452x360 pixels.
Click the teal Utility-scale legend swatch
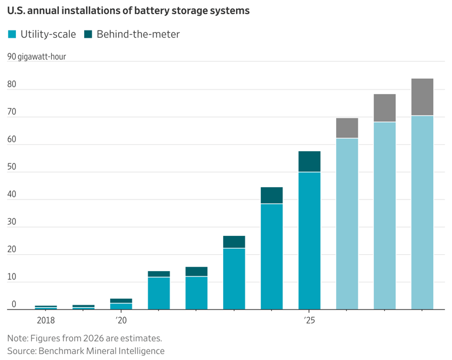tap(12, 34)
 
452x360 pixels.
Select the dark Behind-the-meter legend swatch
tap(88, 34)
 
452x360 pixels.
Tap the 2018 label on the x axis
tap(46, 321)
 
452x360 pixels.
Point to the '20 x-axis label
tap(121, 321)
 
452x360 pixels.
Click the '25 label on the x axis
tap(310, 321)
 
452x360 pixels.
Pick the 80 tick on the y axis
tap(12, 85)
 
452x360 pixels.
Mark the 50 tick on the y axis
tap(12, 168)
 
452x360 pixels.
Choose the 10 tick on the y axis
tap(12, 278)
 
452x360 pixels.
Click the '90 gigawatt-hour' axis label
tap(36, 57)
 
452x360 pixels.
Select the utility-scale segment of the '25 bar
tap(310, 240)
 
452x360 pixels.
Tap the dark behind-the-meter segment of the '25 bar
tap(310, 162)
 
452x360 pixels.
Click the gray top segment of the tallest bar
tap(422, 97)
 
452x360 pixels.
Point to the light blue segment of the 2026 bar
tap(347, 224)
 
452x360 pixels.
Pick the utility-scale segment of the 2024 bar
tap(272, 256)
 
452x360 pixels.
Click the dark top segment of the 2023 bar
tap(234, 242)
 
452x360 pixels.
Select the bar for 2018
tap(46, 307)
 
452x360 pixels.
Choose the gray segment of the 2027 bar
tap(384, 108)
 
